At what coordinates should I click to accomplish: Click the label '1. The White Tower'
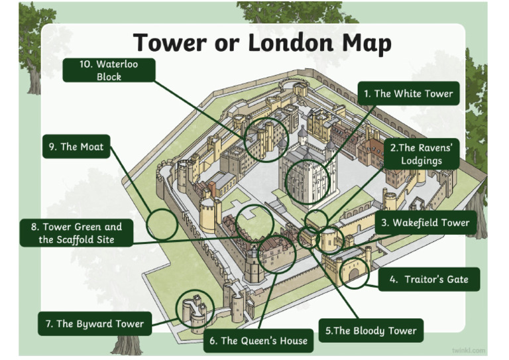click(x=408, y=94)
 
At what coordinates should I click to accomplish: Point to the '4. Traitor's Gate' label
click(x=429, y=279)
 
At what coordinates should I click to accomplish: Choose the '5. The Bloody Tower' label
click(x=371, y=330)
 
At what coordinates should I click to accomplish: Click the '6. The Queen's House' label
click(x=258, y=341)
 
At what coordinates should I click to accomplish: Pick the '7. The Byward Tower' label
click(x=95, y=324)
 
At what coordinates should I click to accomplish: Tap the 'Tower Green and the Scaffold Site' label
click(x=76, y=233)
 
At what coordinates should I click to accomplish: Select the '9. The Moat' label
click(x=76, y=147)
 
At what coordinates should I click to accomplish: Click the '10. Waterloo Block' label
click(x=109, y=70)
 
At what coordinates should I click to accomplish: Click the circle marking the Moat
click(x=162, y=225)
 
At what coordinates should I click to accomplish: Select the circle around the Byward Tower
click(x=196, y=310)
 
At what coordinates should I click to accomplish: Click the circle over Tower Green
click(x=255, y=223)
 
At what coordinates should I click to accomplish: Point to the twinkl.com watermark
click(x=469, y=349)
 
